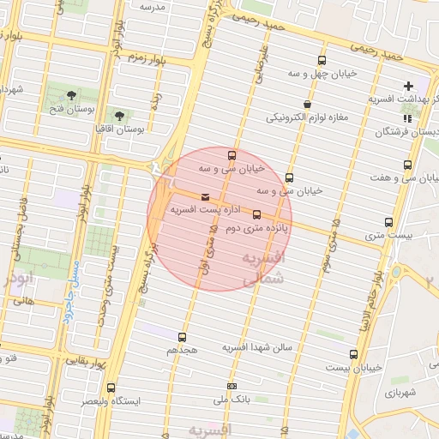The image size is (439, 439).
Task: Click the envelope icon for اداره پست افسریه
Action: pos(204,198)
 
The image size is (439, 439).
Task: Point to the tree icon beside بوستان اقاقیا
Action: pos(118,115)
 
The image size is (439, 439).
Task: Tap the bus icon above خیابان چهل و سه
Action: pos(322,61)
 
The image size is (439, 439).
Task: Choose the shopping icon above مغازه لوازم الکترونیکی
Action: pos(308,104)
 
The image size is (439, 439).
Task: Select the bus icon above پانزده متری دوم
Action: pos(256,215)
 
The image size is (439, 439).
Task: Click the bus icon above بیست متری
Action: pos(389,222)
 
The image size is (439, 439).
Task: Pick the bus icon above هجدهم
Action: pos(181,337)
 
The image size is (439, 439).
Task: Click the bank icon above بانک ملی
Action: pos(232,387)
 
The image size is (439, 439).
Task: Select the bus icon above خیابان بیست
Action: pos(353,354)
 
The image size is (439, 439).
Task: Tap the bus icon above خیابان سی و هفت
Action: pos(406,165)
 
